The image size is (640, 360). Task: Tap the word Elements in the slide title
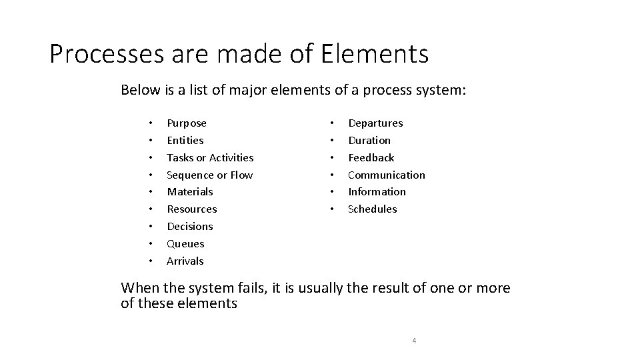[375, 54]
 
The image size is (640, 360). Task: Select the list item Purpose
[187, 123]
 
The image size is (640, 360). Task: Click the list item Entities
[185, 141]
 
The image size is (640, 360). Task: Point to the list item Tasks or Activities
[210, 158]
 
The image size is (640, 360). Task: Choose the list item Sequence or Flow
[209, 175]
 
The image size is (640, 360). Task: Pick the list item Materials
[190, 192]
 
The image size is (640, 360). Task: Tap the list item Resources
[192, 209]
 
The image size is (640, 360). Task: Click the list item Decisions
[190, 227]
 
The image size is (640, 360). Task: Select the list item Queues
[185, 244]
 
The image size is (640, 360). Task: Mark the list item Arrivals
[185, 261]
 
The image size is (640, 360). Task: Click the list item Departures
[375, 123]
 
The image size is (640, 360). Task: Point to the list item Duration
[369, 141]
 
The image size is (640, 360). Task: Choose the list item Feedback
[371, 158]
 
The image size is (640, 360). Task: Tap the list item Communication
[387, 175]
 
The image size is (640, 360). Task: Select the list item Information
[377, 192]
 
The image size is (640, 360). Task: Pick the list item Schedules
[373, 209]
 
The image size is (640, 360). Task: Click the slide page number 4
[414, 341]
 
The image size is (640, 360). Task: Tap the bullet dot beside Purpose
[151, 123]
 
